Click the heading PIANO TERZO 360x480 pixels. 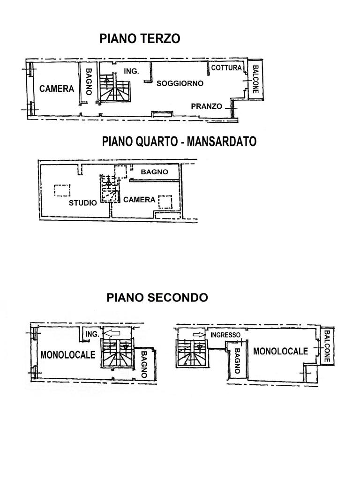(x=140, y=39)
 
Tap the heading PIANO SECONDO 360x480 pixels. (x=157, y=297)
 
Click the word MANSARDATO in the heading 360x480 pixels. (x=222, y=142)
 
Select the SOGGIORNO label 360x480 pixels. (x=180, y=83)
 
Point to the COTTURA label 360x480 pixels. (x=226, y=67)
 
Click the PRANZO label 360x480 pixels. (x=207, y=106)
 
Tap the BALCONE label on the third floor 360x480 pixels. (x=255, y=79)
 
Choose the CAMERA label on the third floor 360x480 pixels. (x=57, y=89)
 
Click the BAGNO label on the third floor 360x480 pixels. (x=89, y=82)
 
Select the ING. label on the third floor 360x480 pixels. (x=131, y=71)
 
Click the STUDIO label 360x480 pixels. (x=82, y=202)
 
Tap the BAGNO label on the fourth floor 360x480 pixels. (x=155, y=172)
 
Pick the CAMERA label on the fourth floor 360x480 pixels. (x=139, y=200)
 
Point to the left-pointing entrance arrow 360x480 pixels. (x=112, y=333)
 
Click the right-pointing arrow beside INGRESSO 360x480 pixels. (x=199, y=335)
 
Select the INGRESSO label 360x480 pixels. (x=225, y=335)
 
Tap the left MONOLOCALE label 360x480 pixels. (x=68, y=355)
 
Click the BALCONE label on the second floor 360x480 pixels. (x=327, y=346)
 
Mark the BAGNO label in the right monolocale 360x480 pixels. (x=237, y=361)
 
